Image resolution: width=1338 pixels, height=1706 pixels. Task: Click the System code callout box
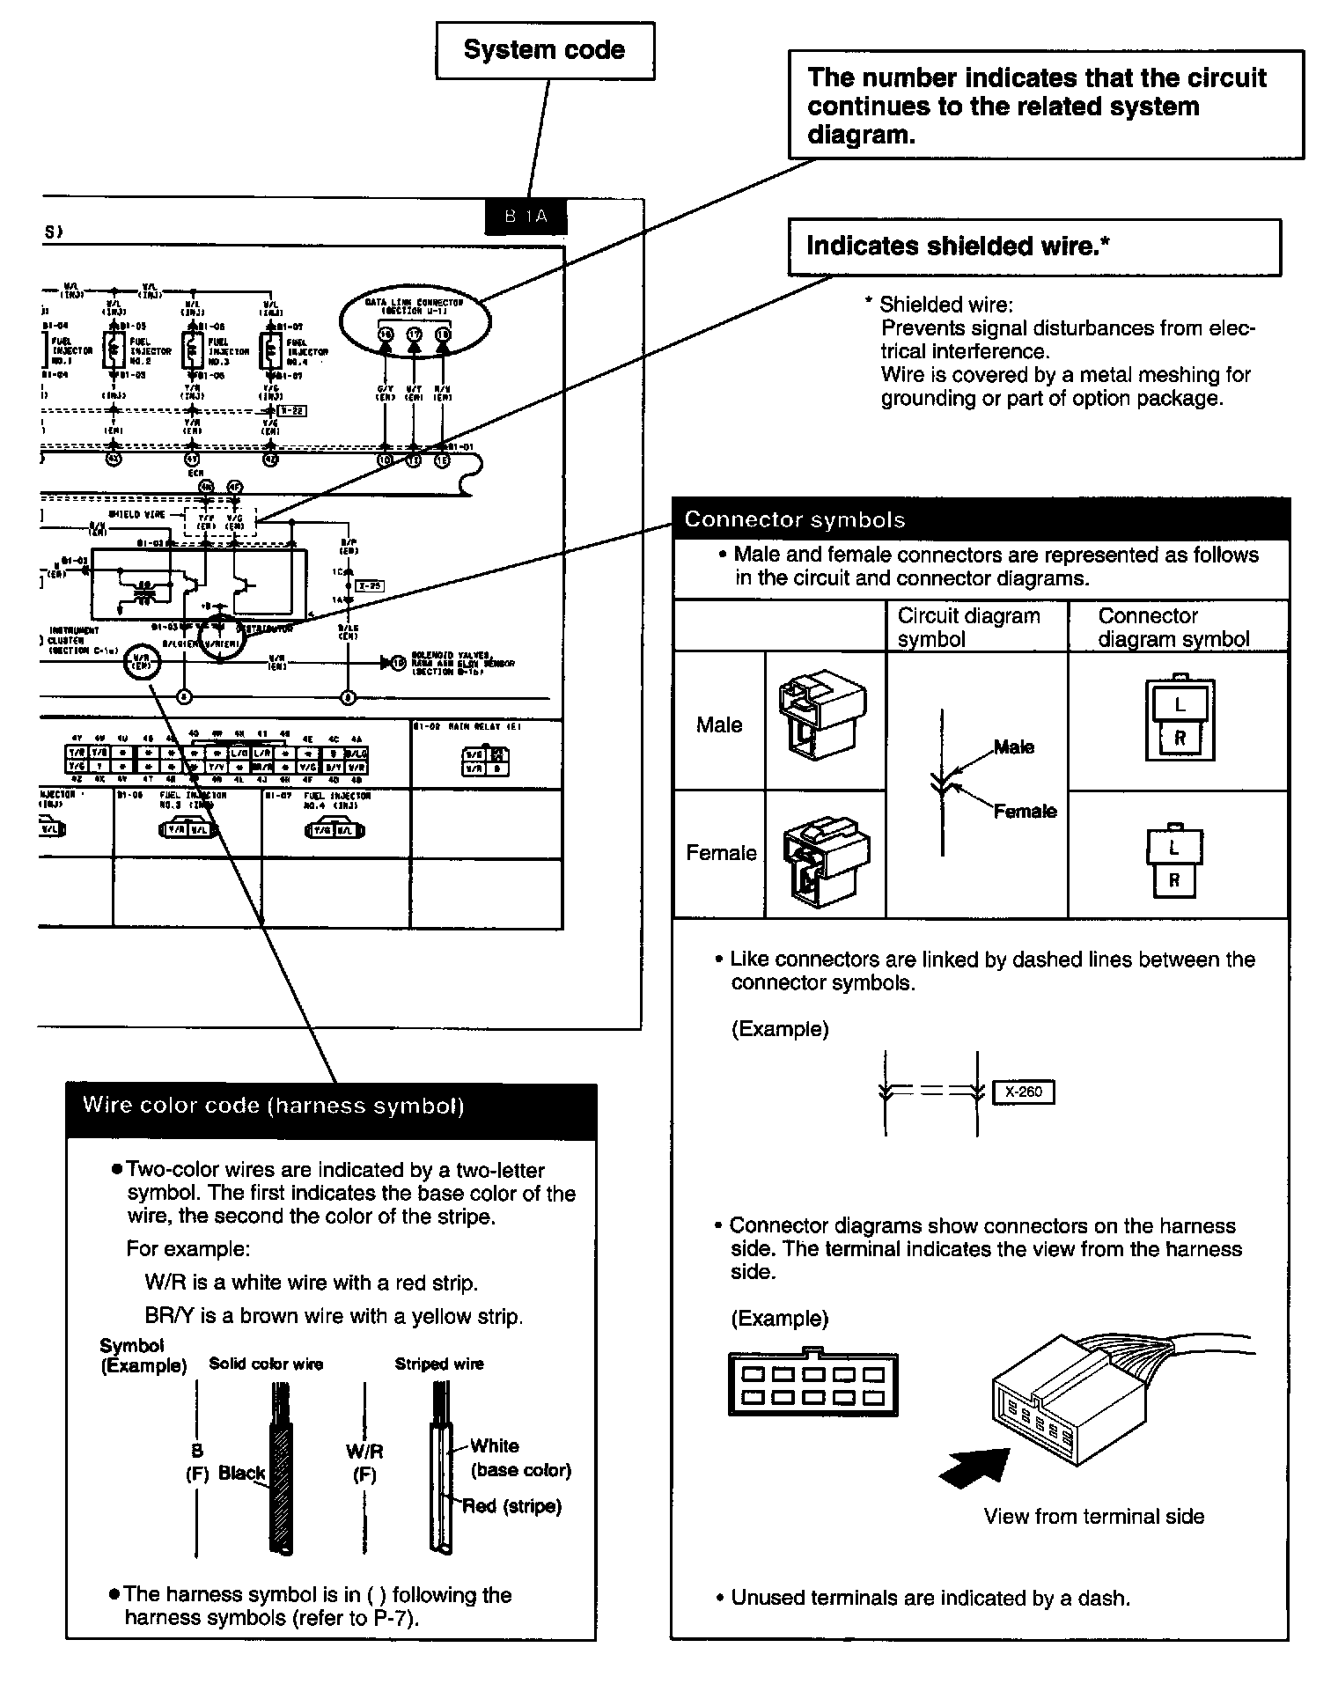pos(545,50)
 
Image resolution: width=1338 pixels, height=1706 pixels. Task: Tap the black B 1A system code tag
pos(526,217)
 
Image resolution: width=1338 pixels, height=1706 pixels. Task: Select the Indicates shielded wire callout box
pos(1033,246)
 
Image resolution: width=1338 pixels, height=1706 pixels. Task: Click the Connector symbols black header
pos(981,519)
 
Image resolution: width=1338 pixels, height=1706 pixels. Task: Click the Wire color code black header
pos(331,1107)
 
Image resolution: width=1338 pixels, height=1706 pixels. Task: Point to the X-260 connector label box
pos(1023,1092)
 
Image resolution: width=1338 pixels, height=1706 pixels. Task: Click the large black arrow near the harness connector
pos(975,1466)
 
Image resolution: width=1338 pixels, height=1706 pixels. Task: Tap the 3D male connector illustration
pos(823,718)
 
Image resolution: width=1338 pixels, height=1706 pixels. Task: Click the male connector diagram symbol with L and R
pos(1180,719)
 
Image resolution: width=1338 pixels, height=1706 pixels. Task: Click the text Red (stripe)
pos(512,1506)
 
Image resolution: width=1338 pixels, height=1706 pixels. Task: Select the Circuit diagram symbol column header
pos(968,627)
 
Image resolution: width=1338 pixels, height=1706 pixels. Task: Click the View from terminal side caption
pos(1093,1516)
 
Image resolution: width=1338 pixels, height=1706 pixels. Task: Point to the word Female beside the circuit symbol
pos(1025,811)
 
